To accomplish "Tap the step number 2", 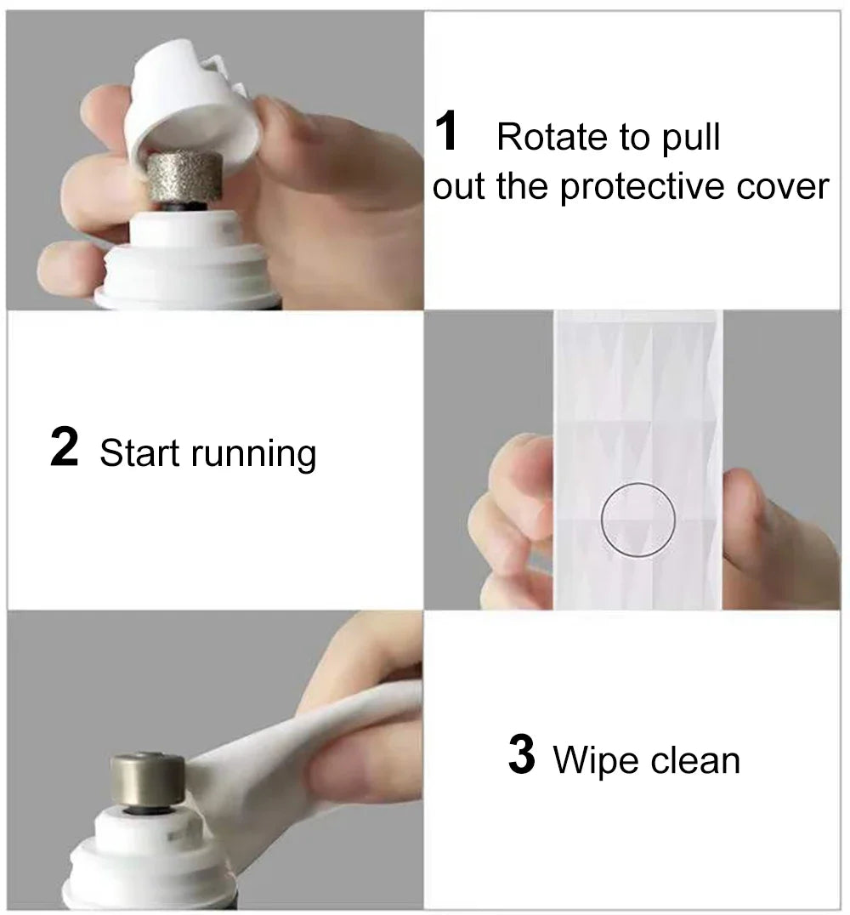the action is tap(64, 446).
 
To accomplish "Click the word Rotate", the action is tap(552, 137).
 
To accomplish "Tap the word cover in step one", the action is tap(782, 188).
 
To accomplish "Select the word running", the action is tap(253, 455).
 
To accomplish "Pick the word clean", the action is tap(694, 760).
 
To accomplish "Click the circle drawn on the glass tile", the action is tap(638, 483).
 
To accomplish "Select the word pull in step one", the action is tap(690, 139).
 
